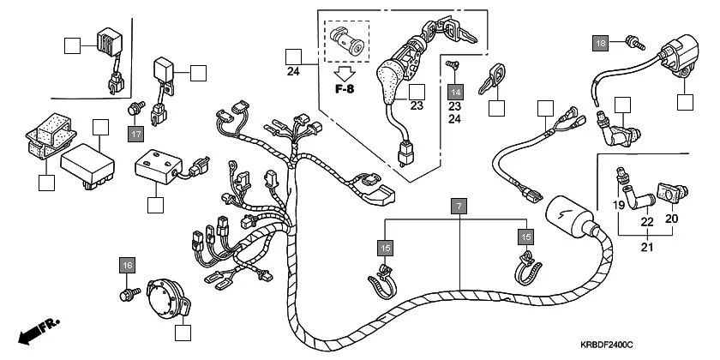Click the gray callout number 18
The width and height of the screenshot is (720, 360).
click(x=601, y=43)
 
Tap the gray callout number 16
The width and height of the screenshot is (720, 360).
click(x=127, y=267)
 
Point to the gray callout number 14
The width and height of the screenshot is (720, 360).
click(x=455, y=91)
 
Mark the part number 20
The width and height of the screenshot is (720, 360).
click(x=672, y=219)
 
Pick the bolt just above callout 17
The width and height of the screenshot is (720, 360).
click(x=135, y=109)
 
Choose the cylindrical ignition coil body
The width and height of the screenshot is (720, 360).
click(x=565, y=213)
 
